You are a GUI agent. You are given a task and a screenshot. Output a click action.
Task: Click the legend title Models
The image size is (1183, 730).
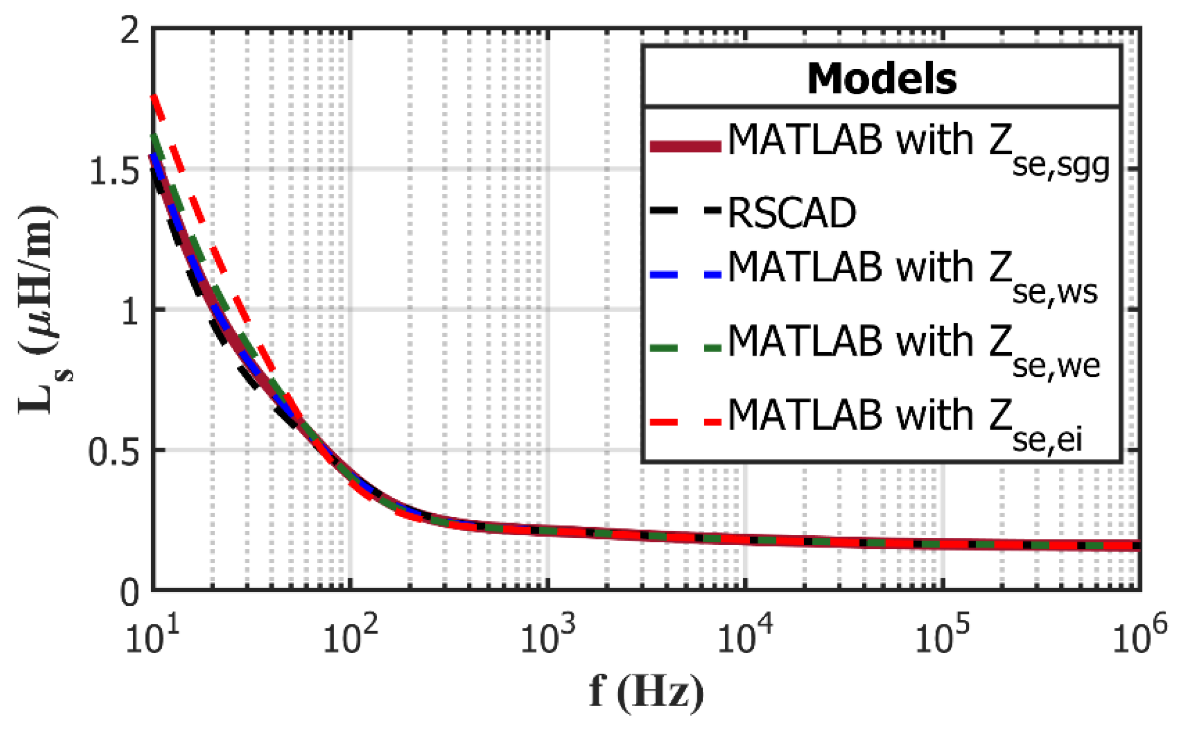tap(882, 79)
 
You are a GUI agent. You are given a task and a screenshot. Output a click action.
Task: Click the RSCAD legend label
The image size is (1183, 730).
tap(792, 213)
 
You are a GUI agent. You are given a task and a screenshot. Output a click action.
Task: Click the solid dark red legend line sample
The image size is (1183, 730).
tap(685, 146)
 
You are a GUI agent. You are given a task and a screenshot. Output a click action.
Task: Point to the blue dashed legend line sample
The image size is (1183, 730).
tap(685, 275)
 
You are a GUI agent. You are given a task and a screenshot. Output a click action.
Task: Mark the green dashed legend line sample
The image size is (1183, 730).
tap(685, 348)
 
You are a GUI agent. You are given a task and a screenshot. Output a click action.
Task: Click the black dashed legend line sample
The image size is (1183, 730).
tap(685, 210)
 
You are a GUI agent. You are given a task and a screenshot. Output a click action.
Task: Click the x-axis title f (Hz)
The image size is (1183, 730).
tap(647, 692)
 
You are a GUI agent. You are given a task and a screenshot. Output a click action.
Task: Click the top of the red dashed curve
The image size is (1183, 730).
tap(152, 96)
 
